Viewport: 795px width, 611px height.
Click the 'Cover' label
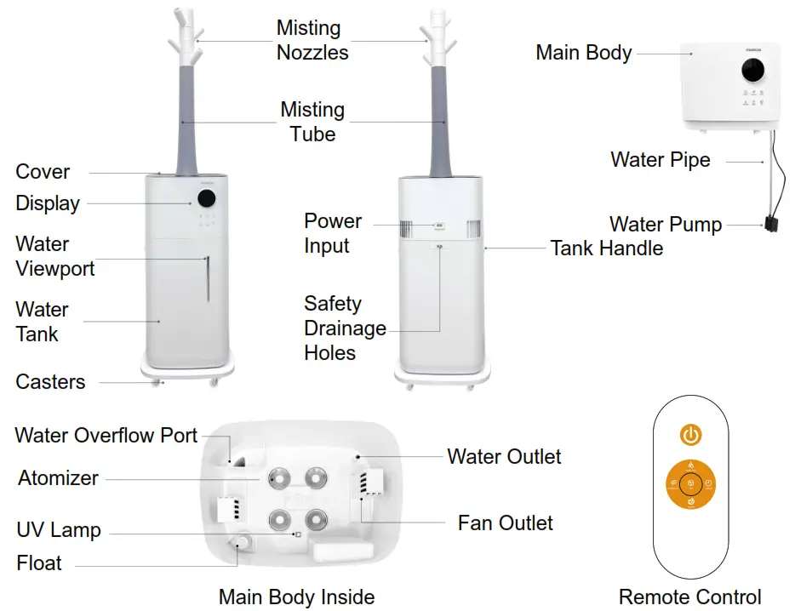(x=43, y=172)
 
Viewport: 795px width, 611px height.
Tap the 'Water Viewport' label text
(x=54, y=257)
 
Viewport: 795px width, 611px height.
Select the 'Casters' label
(x=50, y=382)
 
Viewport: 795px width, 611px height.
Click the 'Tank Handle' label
(x=606, y=248)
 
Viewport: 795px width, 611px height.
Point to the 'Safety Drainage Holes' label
(x=345, y=328)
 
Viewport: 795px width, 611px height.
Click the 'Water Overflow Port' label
(x=106, y=436)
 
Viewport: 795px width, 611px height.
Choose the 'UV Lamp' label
(x=59, y=530)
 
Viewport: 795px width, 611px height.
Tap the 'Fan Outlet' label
(x=505, y=522)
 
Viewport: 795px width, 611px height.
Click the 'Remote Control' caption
(x=689, y=597)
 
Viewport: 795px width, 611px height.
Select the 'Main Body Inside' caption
(x=296, y=597)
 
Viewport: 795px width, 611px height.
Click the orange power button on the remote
(x=690, y=436)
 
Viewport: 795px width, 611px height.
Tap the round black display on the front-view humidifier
(x=206, y=199)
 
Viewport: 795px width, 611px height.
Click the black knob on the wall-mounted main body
(x=751, y=73)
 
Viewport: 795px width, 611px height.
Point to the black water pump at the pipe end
(x=772, y=226)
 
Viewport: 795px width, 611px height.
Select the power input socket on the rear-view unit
(x=439, y=226)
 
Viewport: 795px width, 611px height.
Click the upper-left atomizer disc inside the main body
(x=276, y=477)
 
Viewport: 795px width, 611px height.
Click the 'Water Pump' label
(x=665, y=226)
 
